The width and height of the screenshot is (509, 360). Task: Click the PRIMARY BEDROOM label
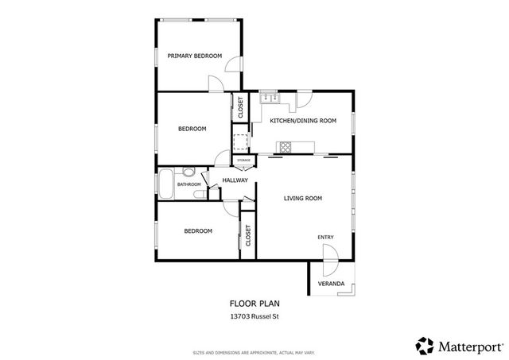193,56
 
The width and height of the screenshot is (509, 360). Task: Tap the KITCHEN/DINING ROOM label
303,120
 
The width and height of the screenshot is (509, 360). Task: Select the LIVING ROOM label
302,198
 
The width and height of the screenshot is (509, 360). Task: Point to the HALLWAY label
235,180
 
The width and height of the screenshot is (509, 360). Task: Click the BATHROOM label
188,184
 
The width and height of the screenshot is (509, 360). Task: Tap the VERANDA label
331,284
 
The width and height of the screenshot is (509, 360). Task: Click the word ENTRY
325,237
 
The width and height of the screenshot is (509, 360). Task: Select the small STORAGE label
244,161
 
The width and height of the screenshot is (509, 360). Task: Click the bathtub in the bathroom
166,184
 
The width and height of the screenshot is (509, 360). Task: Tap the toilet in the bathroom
189,172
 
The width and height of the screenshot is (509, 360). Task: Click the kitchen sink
268,99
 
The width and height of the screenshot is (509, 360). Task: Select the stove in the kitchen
285,145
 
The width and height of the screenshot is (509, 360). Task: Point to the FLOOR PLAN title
254,303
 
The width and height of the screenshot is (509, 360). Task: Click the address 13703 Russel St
254,317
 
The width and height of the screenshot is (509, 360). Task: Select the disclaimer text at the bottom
254,351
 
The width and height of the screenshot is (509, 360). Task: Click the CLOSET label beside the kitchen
240,107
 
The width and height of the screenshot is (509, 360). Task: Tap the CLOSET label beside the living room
248,235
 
